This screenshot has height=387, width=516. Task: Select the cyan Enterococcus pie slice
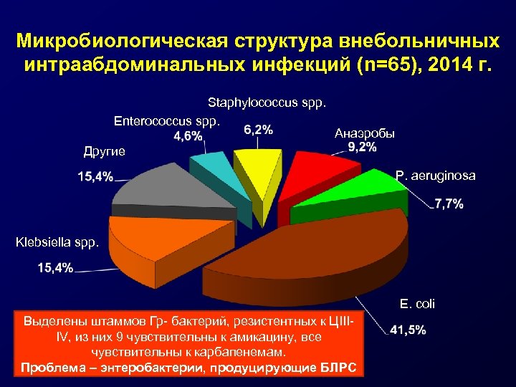(211, 173)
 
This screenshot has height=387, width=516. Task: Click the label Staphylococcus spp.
(267, 103)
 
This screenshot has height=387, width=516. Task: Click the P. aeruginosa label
(435, 176)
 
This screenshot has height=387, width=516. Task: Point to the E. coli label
(417, 304)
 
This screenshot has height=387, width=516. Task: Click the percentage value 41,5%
(408, 330)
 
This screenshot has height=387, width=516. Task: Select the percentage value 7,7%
(449, 204)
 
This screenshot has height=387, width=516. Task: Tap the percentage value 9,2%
(362, 148)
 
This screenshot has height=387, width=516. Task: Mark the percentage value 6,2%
(258, 130)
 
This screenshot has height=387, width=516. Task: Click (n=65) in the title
(391, 65)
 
